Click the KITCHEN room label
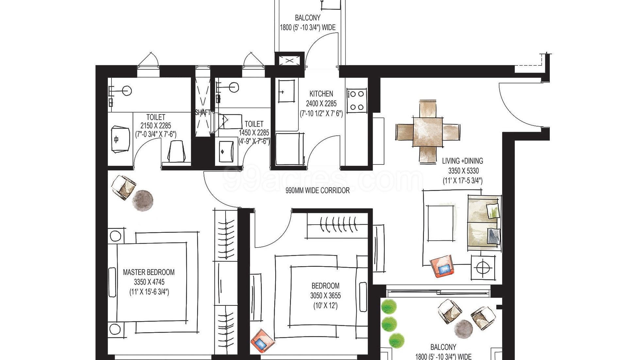click(x=321, y=94)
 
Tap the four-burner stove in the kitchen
click(x=357, y=100)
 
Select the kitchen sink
click(x=286, y=91)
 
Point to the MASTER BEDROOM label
click(x=149, y=272)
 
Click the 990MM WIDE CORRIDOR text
click(x=317, y=190)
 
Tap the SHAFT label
click(x=203, y=112)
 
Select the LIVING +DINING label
click(x=463, y=161)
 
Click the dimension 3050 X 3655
click(x=325, y=296)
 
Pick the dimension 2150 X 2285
click(x=156, y=126)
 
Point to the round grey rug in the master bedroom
click(x=143, y=200)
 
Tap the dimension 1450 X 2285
click(x=254, y=133)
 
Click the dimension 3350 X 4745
click(x=149, y=282)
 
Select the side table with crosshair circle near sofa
click(x=483, y=268)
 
